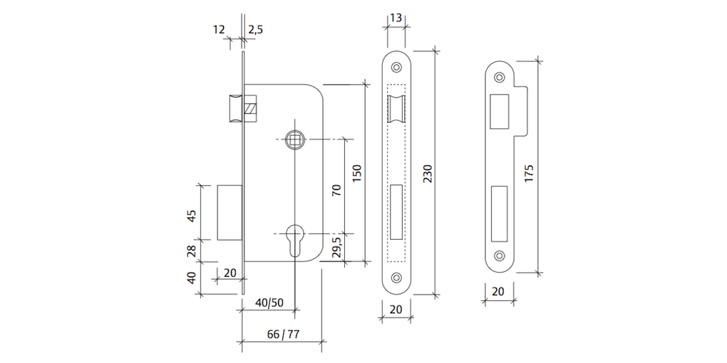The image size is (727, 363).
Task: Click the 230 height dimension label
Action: pyautogui.click(x=428, y=173)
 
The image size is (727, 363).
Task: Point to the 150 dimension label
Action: pyautogui.click(x=357, y=173)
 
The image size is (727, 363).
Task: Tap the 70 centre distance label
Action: pyautogui.click(x=337, y=189)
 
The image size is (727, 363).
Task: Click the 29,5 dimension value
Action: pyautogui.click(x=337, y=248)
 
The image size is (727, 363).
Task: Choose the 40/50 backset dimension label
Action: pyautogui.click(x=269, y=302)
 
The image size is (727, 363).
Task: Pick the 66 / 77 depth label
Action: pyautogui.click(x=283, y=335)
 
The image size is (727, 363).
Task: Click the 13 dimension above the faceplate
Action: pyautogui.click(x=397, y=17)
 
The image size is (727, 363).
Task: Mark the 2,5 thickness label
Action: pyautogui.click(x=256, y=29)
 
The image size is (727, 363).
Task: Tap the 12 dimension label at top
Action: pyautogui.click(x=219, y=29)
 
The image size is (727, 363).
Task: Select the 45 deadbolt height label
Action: pyautogui.click(x=192, y=216)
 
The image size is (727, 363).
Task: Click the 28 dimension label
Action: pyautogui.click(x=192, y=250)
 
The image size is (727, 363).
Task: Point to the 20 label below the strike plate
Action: pyautogui.click(x=498, y=291)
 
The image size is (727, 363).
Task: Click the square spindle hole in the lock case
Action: pyautogui.click(x=293, y=141)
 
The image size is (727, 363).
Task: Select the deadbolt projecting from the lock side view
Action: pyautogui.click(x=230, y=212)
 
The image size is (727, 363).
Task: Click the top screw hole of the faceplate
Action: pyautogui.click(x=396, y=66)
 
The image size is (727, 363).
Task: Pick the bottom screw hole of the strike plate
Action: pyautogui.click(x=499, y=255)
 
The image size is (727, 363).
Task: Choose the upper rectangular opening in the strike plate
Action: pyautogui.click(x=499, y=110)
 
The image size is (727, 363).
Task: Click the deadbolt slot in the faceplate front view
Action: pyautogui.click(x=396, y=211)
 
